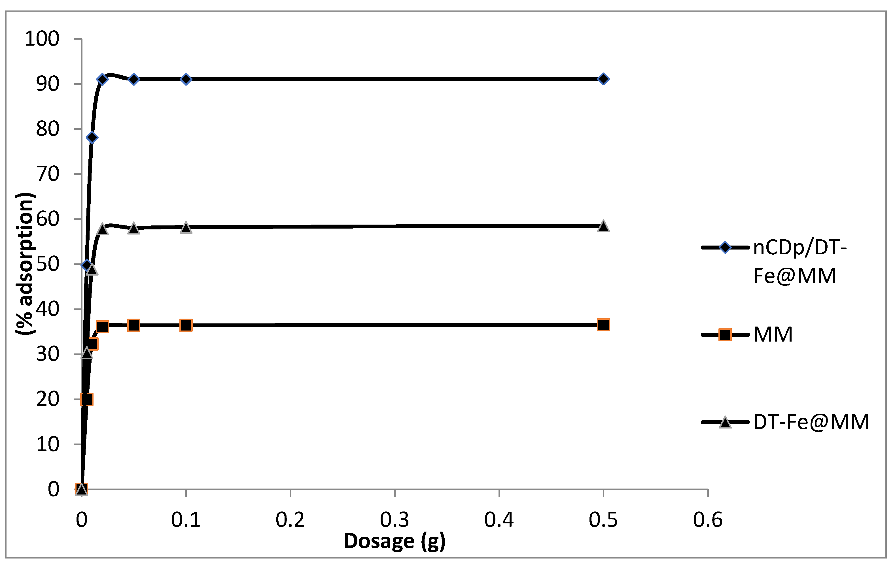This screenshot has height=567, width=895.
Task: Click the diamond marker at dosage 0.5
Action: (603, 79)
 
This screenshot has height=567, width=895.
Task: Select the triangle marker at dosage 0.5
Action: (603, 226)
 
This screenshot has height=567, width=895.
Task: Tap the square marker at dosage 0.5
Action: (603, 325)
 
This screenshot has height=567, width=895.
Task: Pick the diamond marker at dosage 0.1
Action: (186, 79)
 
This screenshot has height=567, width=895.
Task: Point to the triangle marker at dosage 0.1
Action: (186, 227)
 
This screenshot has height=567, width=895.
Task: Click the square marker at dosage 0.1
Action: (186, 325)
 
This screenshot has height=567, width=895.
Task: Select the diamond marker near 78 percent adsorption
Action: (92, 137)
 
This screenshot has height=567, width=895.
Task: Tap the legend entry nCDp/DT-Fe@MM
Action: (799, 261)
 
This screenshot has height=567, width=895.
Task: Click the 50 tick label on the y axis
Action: (48, 264)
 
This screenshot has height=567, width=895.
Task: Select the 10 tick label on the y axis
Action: (48, 444)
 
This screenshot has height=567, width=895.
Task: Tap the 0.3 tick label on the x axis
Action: (394, 520)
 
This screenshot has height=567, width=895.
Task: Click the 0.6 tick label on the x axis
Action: (707, 520)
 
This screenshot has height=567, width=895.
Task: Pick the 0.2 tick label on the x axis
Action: (290, 520)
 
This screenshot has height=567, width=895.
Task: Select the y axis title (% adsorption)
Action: (25, 264)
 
